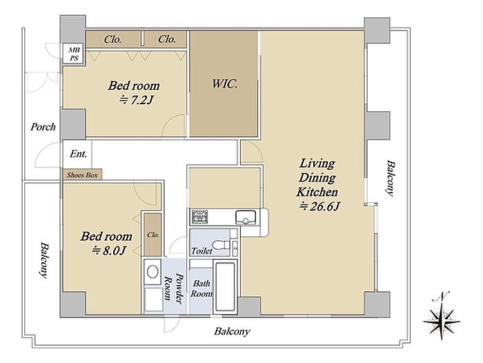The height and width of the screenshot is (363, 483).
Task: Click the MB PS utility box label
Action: [74, 54]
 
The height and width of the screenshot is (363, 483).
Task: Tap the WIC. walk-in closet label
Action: [224, 84]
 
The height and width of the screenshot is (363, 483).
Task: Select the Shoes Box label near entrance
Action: [82, 175]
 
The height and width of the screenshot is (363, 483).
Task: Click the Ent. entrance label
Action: [78, 154]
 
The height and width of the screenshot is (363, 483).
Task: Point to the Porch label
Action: [43, 127]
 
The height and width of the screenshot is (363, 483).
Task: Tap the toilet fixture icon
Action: [221, 245]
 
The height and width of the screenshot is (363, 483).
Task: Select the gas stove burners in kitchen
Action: [200, 217]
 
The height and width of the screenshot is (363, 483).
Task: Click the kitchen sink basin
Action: [246, 217]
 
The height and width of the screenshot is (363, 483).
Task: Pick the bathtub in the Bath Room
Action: [226, 286]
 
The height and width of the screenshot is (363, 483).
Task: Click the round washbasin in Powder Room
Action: [152, 272]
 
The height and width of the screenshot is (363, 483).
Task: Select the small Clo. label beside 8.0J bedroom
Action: [152, 235]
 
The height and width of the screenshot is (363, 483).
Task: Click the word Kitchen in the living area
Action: [317, 192]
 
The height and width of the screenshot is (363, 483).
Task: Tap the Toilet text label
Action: [201, 251]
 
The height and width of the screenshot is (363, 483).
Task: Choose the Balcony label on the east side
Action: [390, 178]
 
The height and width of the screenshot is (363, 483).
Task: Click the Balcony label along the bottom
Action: [232, 331]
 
